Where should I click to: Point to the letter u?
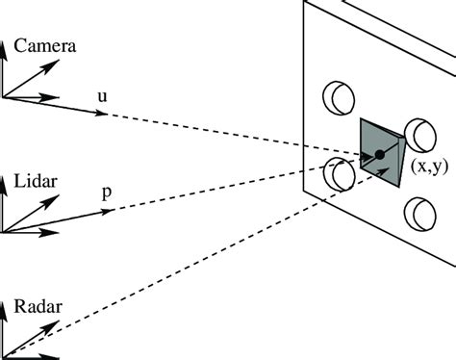(x=103, y=96)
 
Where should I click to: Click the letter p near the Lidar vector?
(x=106, y=192)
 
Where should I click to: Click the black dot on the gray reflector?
(x=380, y=154)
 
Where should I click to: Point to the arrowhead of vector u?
(x=100, y=114)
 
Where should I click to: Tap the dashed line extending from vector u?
(x=231, y=133)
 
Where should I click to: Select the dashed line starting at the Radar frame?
(x=192, y=252)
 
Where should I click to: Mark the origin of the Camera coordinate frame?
(x=5, y=96)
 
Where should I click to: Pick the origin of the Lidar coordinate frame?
(x=5, y=232)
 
